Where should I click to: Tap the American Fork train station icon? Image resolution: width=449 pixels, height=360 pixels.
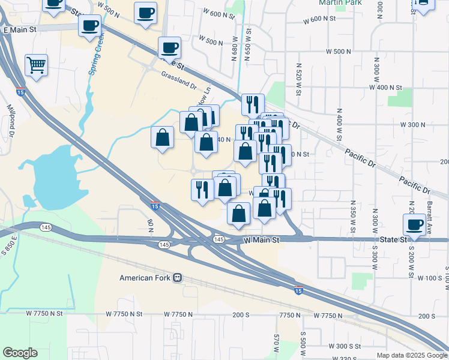pyautogui.click(x=178, y=278)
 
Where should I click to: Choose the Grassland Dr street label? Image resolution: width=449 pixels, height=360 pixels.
pyautogui.click(x=179, y=81)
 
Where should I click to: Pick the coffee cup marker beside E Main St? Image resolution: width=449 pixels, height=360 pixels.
pyautogui.click(x=90, y=26)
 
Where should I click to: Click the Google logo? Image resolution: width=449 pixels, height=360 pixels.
pyautogui.click(x=20, y=353)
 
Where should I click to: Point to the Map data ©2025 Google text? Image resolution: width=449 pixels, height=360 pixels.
pyautogui.click(x=411, y=355)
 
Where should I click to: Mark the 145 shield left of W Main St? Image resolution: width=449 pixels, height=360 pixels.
pyautogui.click(x=218, y=239)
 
